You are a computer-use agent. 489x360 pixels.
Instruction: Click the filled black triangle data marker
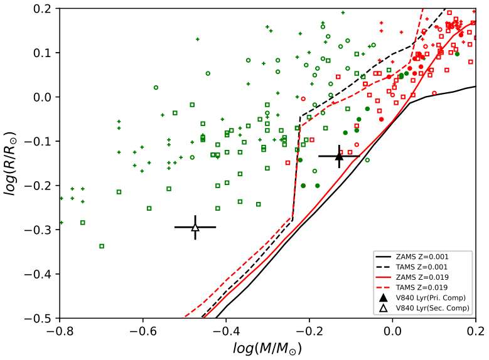339,157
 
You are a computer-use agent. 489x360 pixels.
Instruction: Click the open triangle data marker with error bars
195,227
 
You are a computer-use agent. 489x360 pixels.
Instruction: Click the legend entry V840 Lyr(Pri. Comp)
433,295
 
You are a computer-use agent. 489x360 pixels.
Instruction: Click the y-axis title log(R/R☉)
11,164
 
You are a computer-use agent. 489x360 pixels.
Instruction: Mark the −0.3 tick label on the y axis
43,230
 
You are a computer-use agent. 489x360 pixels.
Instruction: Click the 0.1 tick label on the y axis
46,53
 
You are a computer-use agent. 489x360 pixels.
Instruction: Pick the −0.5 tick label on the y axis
43,319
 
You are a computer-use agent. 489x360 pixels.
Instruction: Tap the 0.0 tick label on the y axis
46,97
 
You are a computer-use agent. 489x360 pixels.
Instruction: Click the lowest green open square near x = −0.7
102,246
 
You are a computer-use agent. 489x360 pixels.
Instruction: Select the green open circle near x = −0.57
156,87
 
